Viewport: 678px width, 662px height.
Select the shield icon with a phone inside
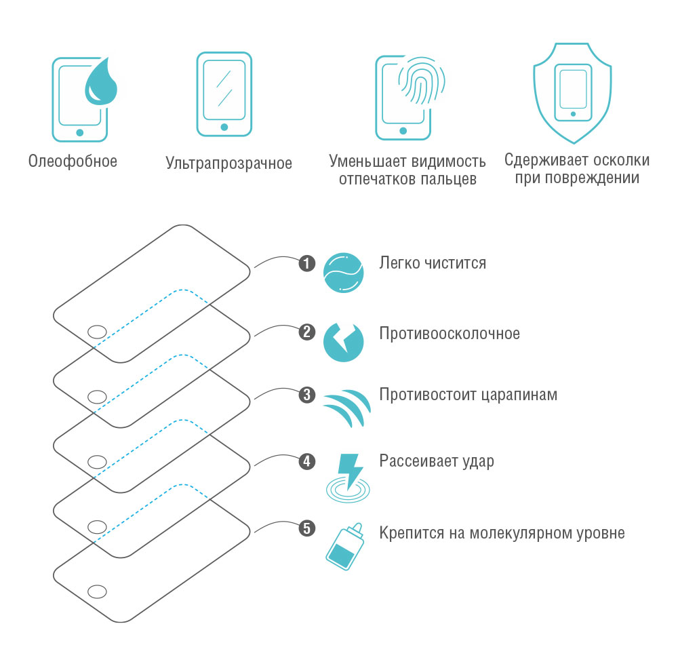(x=572, y=93)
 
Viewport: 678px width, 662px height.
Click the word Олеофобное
(x=73, y=161)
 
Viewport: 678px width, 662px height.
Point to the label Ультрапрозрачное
(x=228, y=163)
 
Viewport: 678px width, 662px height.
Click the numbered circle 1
(x=307, y=263)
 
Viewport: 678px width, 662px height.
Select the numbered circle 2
(x=307, y=332)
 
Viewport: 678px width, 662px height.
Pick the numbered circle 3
(x=307, y=395)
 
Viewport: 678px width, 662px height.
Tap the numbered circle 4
(x=307, y=461)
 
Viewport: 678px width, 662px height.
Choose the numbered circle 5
(x=307, y=528)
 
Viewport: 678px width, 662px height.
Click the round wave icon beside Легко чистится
(x=343, y=273)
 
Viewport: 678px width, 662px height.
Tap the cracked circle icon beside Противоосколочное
(x=343, y=343)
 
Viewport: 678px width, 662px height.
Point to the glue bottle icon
(x=344, y=547)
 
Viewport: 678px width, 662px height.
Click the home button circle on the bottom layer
(x=97, y=591)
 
